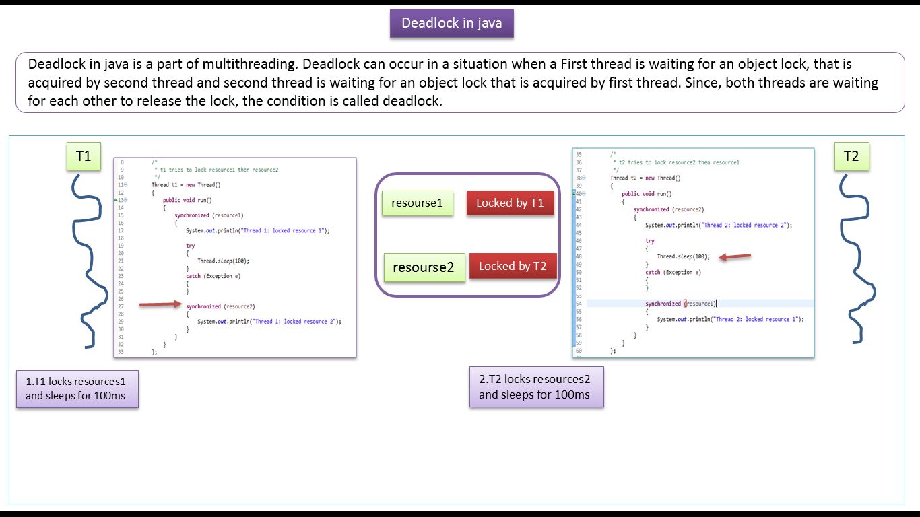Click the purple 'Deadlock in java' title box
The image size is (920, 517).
click(x=451, y=23)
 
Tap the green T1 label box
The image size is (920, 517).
click(x=84, y=156)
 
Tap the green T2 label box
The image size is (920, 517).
click(x=851, y=156)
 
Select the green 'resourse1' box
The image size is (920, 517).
click(x=418, y=203)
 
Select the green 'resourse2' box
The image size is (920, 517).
click(x=424, y=267)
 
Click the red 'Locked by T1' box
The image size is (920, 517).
click(x=510, y=203)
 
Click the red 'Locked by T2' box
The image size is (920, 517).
click(x=513, y=266)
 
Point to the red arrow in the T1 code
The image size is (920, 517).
click(x=160, y=305)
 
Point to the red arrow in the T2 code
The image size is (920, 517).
click(x=735, y=256)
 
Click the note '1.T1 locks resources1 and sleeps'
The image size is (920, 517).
click(x=77, y=388)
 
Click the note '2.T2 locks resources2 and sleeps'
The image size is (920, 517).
click(x=536, y=387)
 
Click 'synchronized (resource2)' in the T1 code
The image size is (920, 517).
click(x=220, y=306)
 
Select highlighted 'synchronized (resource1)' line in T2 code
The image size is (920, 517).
click(x=680, y=304)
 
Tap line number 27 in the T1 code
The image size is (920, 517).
click(x=121, y=306)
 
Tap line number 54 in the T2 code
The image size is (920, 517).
click(x=579, y=304)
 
